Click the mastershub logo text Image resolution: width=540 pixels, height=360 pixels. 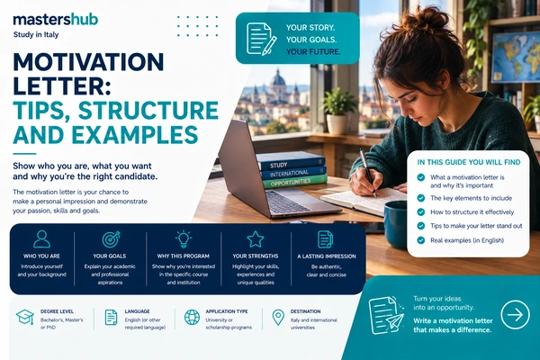pyautogui.click(x=56, y=20)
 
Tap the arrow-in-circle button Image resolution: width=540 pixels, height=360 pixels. pyautogui.click(x=515, y=315)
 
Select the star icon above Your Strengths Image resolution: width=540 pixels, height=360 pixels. pyautogui.click(x=256, y=239)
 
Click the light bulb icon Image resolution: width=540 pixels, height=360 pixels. pyautogui.click(x=184, y=239)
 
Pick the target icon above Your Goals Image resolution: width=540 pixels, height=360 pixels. pyautogui.click(x=111, y=239)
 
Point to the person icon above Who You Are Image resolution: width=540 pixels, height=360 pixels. pyautogui.click(x=41, y=239)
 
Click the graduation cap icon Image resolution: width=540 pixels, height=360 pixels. pyautogui.click(x=25, y=318)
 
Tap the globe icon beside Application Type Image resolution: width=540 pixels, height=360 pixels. pyautogui.click(x=192, y=318)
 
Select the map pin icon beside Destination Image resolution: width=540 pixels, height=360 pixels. pyautogui.click(x=278, y=318)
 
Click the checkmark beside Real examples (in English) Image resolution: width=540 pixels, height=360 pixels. pyautogui.click(x=421, y=240)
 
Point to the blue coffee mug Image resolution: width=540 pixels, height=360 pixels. pyautogui.click(x=395, y=225)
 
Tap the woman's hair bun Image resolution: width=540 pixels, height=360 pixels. pyautogui.click(x=424, y=20)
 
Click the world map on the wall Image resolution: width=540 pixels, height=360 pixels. pyautogui.click(x=516, y=57)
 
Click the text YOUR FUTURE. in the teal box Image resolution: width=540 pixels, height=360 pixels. pyautogui.click(x=313, y=51)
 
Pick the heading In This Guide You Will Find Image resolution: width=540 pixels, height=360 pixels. pyautogui.click(x=469, y=162)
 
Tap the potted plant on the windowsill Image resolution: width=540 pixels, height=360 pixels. pyautogui.click(x=338, y=110)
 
